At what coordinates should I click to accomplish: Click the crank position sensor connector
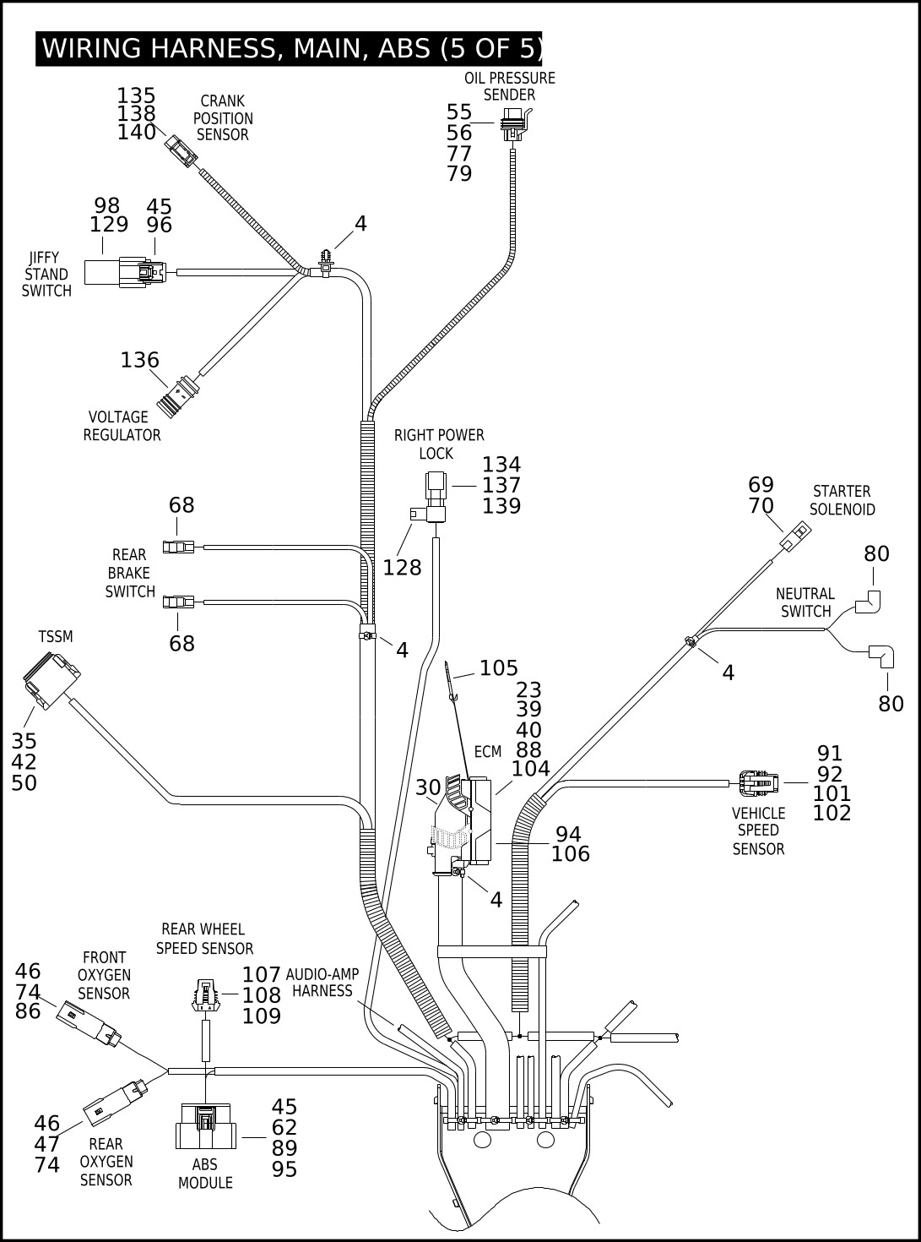coord(181,150)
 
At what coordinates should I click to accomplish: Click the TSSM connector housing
coord(51,680)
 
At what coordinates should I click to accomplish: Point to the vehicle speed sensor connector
coord(758,783)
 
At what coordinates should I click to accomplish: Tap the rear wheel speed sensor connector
coord(206,995)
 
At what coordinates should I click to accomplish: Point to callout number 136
coord(140,360)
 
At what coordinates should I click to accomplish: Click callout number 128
coord(402,568)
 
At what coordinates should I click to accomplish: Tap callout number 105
coord(499,668)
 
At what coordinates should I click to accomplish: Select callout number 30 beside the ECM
coord(428,787)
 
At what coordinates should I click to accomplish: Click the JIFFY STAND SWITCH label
coord(46,275)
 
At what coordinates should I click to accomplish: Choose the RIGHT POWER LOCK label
coord(439,444)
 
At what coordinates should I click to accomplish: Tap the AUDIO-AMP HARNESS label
coord(322,983)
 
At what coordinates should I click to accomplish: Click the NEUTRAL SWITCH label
coord(805,602)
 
